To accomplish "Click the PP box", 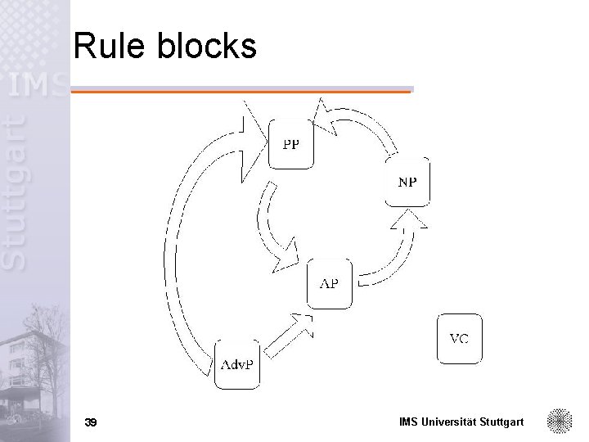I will [291, 144].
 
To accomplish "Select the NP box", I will [407, 181].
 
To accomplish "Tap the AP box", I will [329, 283].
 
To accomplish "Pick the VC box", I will [460, 338].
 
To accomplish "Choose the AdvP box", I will [238, 363].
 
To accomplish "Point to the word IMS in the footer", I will [409, 422].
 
